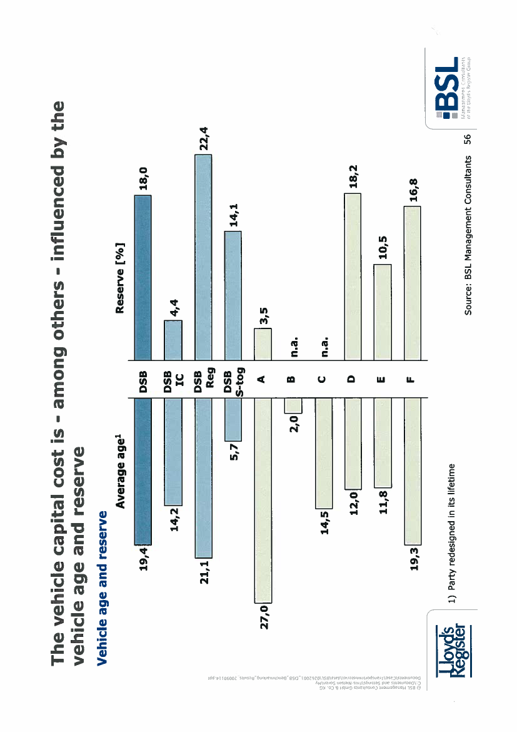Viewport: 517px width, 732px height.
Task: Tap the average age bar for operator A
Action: [x=263, y=501]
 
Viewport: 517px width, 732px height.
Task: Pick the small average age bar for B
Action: [x=293, y=405]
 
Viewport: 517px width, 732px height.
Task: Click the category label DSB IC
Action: [x=173, y=379]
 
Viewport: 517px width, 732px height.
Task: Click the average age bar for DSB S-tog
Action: [x=233, y=419]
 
